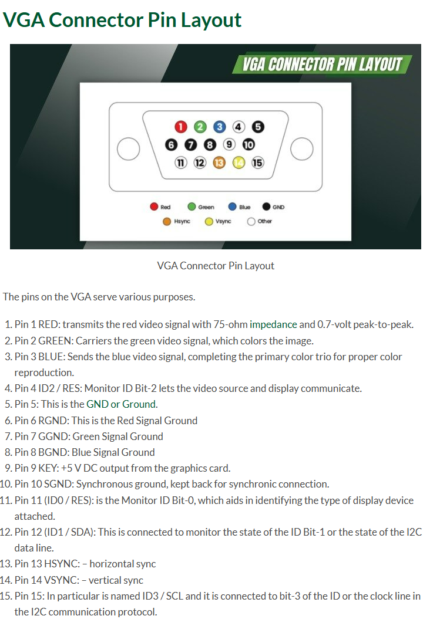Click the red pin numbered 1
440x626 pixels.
tap(180, 127)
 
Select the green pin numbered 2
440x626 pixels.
tap(200, 127)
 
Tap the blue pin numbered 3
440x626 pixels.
tap(219, 127)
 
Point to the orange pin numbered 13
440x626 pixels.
tap(219, 163)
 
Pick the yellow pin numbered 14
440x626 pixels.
tap(239, 163)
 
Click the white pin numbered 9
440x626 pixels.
tap(229, 144)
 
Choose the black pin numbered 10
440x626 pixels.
tap(248, 144)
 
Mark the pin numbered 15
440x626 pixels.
tap(258, 163)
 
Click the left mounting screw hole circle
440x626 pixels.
tap(128, 148)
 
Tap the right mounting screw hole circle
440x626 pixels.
tap(302, 148)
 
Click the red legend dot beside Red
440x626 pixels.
tap(154, 207)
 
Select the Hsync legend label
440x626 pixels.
tap(182, 221)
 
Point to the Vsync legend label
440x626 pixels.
tap(223, 221)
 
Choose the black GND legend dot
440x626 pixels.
tap(266, 207)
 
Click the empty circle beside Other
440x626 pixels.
tap(251, 222)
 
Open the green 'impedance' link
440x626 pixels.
tap(273, 324)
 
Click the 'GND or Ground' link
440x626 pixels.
tap(120, 404)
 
